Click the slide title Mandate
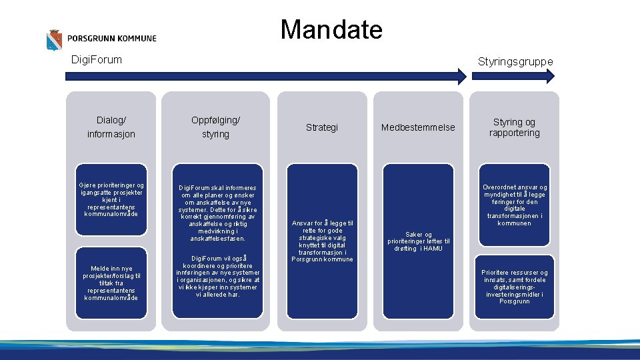331,30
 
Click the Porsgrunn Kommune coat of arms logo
53,40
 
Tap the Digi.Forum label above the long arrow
97,60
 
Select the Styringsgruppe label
515,61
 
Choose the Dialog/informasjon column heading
111,127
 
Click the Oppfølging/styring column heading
215,127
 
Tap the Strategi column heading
322,127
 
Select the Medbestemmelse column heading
418,127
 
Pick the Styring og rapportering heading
514,127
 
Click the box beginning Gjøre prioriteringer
111,199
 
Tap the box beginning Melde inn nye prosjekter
111,283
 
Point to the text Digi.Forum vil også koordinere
217,276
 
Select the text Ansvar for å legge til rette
323,241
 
